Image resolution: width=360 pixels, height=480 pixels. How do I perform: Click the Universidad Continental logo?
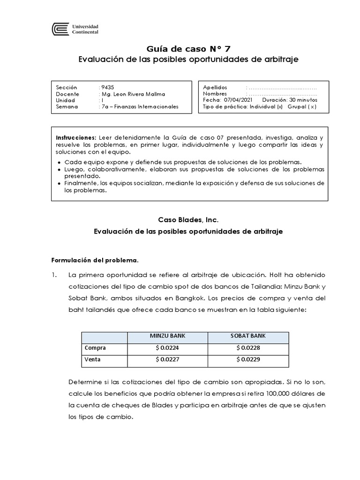pos(75,30)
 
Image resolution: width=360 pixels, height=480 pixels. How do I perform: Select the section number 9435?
pos(107,87)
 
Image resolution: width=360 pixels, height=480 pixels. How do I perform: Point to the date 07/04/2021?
pos(239,100)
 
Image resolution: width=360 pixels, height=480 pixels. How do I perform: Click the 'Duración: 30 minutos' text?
pos(289,100)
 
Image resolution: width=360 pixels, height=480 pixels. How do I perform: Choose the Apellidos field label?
pos(215,87)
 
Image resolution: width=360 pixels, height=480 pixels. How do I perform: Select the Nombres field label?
pos(214,94)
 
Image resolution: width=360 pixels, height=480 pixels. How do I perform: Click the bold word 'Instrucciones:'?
pos(76,138)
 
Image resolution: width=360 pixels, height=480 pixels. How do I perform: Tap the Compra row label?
pos(95,348)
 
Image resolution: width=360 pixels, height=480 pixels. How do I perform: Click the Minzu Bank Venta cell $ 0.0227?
pos(168,360)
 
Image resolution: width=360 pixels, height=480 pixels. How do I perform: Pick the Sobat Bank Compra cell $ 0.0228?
pos(248,348)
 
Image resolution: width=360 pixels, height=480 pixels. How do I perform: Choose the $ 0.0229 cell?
pos(248,360)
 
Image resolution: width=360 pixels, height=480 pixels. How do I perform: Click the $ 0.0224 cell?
pos(168,348)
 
